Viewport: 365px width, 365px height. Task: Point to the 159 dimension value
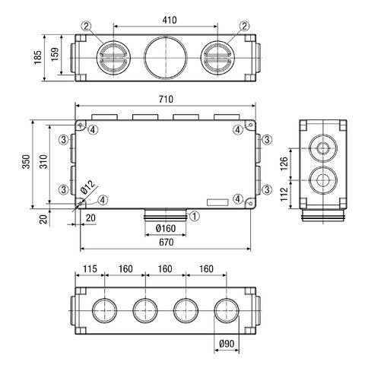55,56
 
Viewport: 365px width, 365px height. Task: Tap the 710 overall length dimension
167,100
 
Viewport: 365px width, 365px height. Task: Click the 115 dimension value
88,268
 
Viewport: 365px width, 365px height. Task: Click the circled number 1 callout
195,216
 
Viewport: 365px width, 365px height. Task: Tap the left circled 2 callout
87,26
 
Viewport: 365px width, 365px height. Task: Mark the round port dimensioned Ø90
227,309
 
